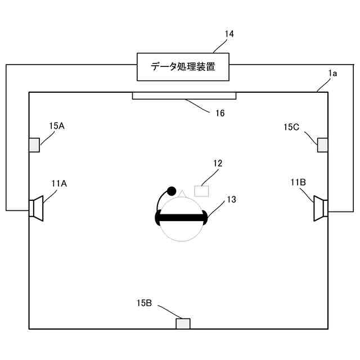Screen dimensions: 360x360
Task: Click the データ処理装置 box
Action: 183,66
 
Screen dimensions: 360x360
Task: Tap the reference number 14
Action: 229,34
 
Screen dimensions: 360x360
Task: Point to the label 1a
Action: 332,73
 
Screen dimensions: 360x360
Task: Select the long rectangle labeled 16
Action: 184,96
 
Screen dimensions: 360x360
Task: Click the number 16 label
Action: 220,113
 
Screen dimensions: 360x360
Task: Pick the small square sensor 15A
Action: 34,145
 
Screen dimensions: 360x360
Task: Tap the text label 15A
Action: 57,126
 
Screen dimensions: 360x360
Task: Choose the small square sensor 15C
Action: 323,145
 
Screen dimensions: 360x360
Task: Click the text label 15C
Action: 291,127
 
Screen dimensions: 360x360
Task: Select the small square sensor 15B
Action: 183,323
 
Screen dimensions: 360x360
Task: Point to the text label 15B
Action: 144,303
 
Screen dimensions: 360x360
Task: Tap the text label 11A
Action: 59,183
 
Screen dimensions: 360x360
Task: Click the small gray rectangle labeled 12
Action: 201,191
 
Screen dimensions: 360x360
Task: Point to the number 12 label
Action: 218,164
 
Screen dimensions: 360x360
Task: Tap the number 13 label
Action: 231,199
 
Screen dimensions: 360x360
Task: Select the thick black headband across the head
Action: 181,217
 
